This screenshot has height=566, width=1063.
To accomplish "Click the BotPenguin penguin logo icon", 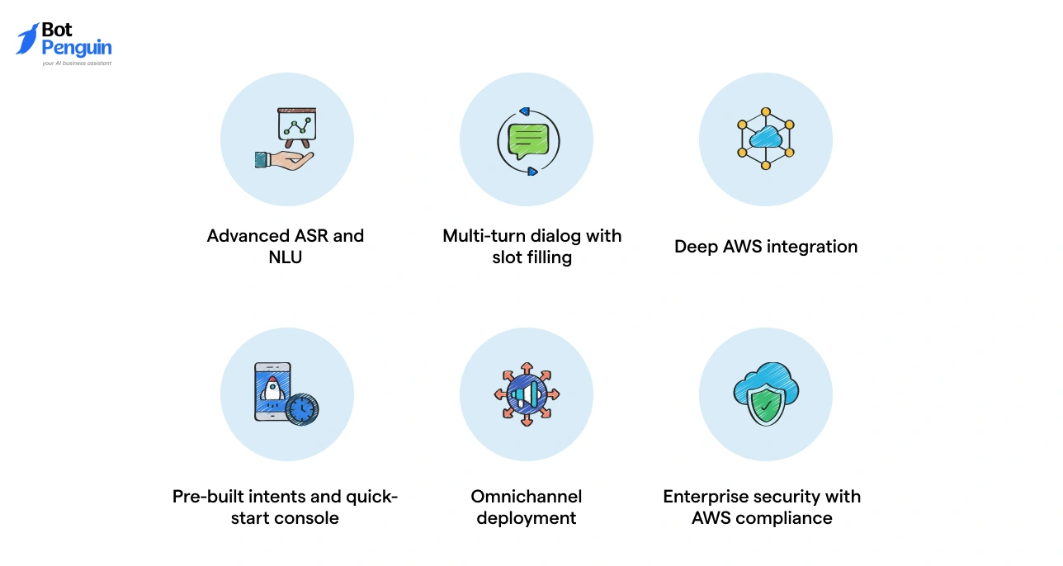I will click(27, 39).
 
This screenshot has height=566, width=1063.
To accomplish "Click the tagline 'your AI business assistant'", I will click(77, 63).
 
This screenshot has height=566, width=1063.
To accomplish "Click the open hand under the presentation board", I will click(286, 159).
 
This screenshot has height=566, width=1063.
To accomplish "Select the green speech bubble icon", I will click(528, 140).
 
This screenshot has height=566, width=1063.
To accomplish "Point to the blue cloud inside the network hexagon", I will click(765, 137).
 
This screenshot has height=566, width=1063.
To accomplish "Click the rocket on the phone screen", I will click(272, 389).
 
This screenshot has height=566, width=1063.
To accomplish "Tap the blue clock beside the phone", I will click(302, 408).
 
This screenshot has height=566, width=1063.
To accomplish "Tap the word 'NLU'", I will click(286, 257).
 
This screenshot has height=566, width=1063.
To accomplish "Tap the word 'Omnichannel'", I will click(527, 497).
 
